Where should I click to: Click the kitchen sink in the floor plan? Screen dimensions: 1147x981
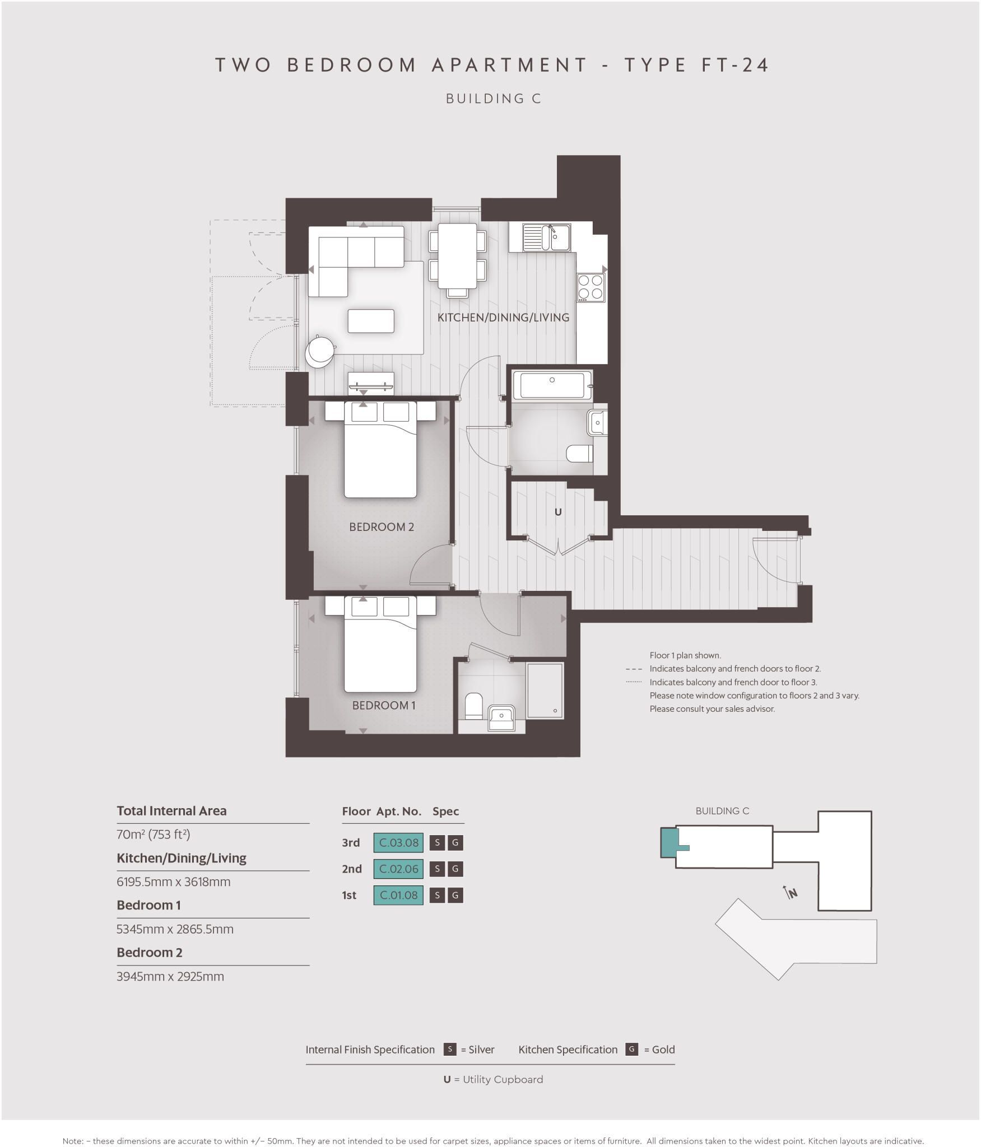[x=546, y=237]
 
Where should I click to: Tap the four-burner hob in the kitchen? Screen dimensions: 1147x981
[x=591, y=287]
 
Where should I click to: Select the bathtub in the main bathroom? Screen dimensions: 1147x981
[x=552, y=386]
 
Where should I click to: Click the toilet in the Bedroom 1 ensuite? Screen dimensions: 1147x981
[x=473, y=706]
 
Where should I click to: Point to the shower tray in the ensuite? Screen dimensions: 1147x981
[x=545, y=691]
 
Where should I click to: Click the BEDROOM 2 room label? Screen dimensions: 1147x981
[x=382, y=527]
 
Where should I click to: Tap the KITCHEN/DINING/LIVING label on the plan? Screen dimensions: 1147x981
[x=503, y=318]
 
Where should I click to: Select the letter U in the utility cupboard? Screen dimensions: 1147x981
[x=557, y=512]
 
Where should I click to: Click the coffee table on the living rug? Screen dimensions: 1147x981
[x=371, y=321]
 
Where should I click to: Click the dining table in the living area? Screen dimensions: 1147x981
[x=457, y=255]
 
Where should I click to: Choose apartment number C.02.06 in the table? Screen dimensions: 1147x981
[x=398, y=869]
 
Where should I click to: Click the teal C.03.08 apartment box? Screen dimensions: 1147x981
[x=398, y=842]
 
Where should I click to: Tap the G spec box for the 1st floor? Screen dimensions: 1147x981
[x=455, y=895]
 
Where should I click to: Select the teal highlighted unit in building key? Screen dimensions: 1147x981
[x=669, y=842]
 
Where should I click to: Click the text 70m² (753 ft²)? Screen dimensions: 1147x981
[x=154, y=834]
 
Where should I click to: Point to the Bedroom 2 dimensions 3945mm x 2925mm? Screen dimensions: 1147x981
[x=170, y=976]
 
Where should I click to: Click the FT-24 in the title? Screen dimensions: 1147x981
[x=735, y=65]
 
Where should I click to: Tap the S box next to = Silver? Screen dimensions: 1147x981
[x=449, y=1050]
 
